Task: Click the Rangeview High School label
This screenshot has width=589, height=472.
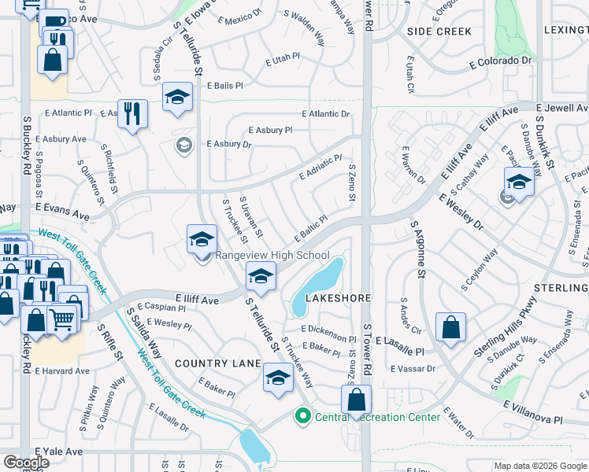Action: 272,255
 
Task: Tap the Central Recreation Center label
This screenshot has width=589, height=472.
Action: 377,417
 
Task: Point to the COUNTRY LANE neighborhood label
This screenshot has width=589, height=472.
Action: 217,363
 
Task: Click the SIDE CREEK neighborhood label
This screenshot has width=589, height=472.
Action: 439,31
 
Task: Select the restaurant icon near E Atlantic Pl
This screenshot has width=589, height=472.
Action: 132,112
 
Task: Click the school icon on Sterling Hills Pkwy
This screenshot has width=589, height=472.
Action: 518,182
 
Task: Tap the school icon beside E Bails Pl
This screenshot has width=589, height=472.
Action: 177,97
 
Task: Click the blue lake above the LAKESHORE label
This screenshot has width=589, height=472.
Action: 318,282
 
